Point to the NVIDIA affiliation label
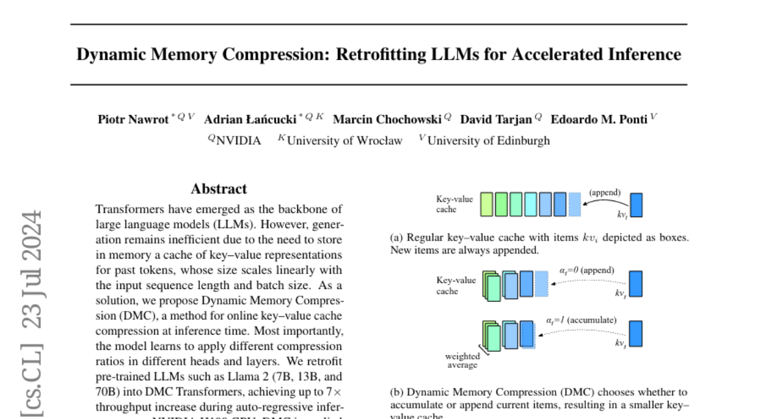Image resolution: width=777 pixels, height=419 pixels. tap(238, 140)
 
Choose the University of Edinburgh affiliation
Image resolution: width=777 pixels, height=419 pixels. tap(488, 140)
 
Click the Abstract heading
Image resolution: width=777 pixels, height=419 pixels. tap(219, 189)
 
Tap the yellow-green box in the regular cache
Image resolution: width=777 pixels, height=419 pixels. tap(486, 204)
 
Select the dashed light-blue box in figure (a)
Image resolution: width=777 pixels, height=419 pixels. tap(574, 204)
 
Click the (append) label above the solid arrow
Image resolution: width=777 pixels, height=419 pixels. tap(605, 192)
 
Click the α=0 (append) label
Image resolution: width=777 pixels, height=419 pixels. tap(587, 270)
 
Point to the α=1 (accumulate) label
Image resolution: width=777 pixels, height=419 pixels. tap(580, 319)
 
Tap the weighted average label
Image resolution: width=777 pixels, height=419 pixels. tap(462, 361)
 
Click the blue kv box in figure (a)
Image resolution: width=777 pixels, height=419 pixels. tap(636, 204)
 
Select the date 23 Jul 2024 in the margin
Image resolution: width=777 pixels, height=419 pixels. tap(32, 269)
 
